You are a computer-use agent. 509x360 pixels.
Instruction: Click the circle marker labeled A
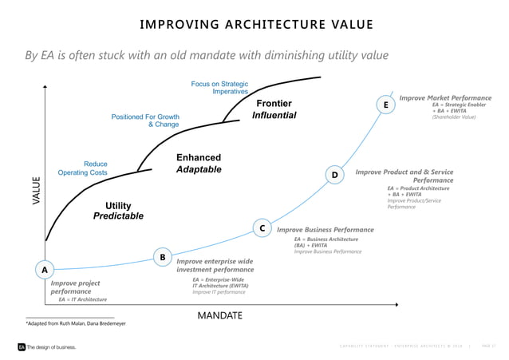point(45,270)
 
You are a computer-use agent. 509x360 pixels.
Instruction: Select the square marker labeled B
point(162,257)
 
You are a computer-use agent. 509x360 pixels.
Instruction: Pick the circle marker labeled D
point(335,175)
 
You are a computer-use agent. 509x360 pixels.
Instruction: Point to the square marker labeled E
point(385,105)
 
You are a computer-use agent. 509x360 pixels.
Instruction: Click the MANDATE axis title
point(219,315)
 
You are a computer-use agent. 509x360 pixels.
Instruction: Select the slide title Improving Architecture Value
point(255,24)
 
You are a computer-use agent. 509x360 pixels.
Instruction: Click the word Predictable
point(118,216)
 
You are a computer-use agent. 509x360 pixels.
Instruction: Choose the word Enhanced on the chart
point(198,158)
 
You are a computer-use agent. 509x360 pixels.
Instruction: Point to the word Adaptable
point(198,170)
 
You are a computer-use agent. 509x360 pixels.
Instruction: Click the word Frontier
point(274,104)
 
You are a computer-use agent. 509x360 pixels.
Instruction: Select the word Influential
point(274,116)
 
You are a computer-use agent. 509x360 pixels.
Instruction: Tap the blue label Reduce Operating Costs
point(83,168)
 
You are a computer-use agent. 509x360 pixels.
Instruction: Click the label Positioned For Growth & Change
point(145,121)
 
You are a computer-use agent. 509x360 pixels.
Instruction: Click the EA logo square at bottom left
point(22,347)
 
